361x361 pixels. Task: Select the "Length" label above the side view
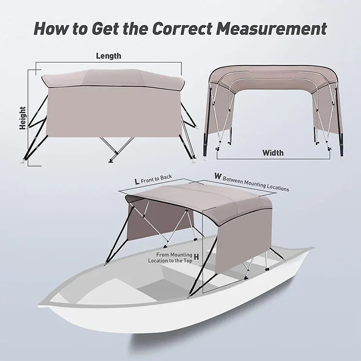(108, 56)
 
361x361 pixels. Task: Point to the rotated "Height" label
(23, 118)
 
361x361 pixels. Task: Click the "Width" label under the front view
(273, 153)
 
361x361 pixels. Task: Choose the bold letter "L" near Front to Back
(137, 181)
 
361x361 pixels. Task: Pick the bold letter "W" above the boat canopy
(218, 177)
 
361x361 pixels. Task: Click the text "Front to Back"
(156, 179)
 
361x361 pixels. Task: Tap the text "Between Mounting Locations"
(257, 183)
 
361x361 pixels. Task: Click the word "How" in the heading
(52, 28)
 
